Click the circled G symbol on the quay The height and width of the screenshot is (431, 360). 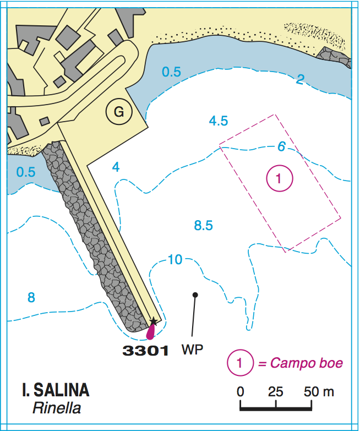click(x=118, y=112)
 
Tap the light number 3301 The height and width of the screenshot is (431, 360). click(x=145, y=350)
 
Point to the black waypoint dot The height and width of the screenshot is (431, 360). click(x=195, y=295)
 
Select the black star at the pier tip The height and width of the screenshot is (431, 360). click(x=154, y=321)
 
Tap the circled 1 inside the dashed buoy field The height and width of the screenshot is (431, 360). click(x=279, y=178)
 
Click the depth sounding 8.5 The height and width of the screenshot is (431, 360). click(x=204, y=225)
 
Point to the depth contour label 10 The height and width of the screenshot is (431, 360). click(x=175, y=260)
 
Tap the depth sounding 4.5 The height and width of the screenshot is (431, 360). click(x=219, y=121)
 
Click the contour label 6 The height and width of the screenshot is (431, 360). click(x=281, y=146)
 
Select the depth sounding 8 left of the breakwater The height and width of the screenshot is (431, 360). click(x=31, y=298)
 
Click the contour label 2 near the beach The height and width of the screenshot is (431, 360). click(x=300, y=80)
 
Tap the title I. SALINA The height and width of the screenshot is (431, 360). click(x=56, y=391)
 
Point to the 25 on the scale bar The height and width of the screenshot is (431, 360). click(x=275, y=392)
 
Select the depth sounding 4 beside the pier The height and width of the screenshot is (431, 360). click(x=116, y=166)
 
